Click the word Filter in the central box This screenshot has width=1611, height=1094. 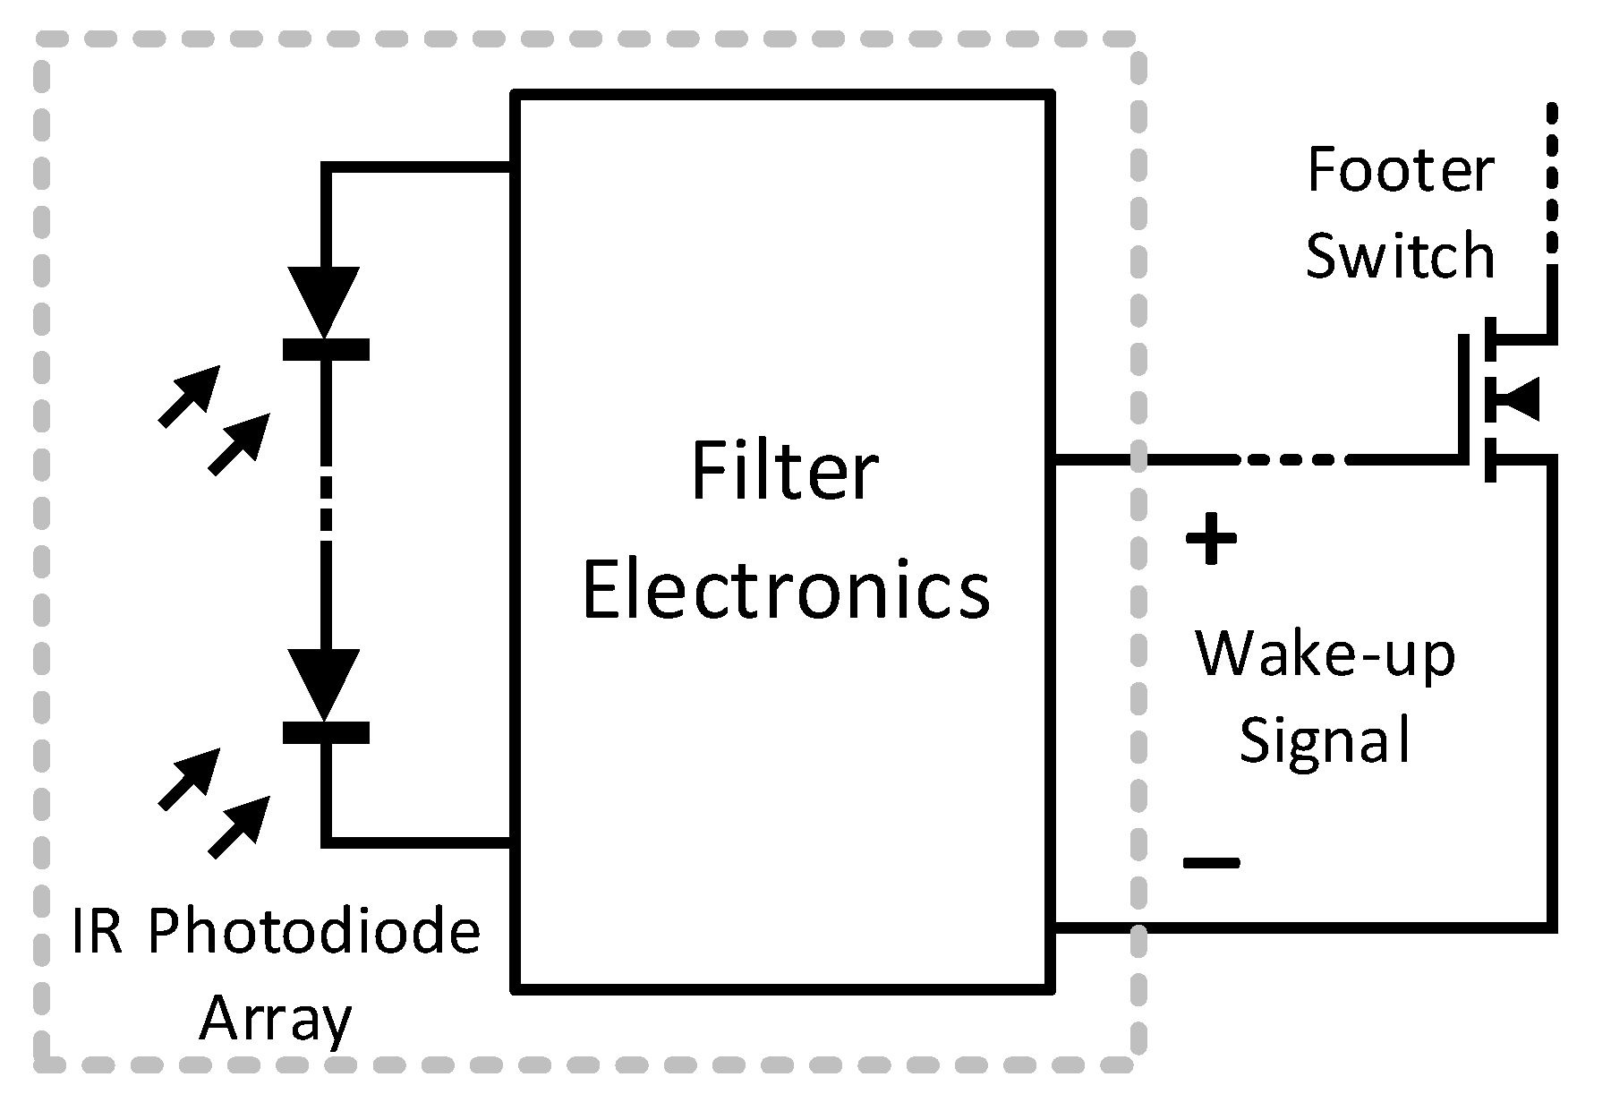[x=784, y=473]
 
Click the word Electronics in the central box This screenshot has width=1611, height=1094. [x=786, y=591]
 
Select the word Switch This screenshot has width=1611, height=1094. [x=1400, y=256]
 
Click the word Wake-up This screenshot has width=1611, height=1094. [x=1325, y=655]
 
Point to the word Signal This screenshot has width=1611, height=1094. [x=1325, y=741]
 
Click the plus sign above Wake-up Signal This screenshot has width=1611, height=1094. [x=1211, y=539]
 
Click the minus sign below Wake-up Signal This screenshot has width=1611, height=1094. [x=1211, y=863]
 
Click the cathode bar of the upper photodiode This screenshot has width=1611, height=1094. [x=326, y=349]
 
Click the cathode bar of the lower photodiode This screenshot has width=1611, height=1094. [x=326, y=733]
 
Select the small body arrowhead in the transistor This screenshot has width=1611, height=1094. [x=1521, y=399]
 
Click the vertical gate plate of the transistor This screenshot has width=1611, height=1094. [x=1464, y=398]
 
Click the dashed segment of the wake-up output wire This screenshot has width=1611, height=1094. [x=1293, y=459]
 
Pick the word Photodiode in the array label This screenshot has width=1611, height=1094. [x=313, y=932]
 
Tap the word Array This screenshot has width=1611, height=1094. [x=275, y=1019]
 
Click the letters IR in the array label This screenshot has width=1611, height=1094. [x=96, y=932]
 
